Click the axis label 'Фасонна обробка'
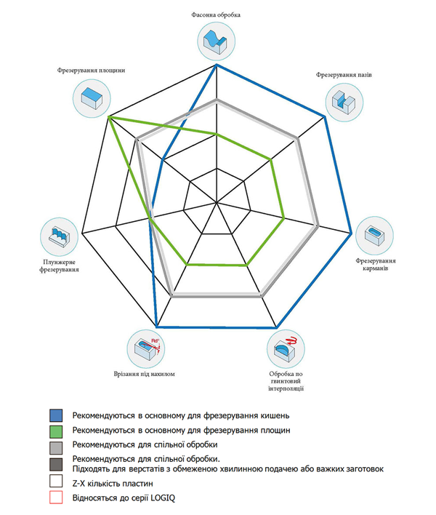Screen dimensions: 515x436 [x=217, y=15]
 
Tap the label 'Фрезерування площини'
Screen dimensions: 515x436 [x=92, y=71]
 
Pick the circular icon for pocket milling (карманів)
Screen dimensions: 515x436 [x=374, y=234]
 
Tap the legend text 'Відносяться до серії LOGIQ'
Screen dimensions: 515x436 [x=123, y=498]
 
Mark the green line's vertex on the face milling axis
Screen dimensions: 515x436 [x=109, y=116]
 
